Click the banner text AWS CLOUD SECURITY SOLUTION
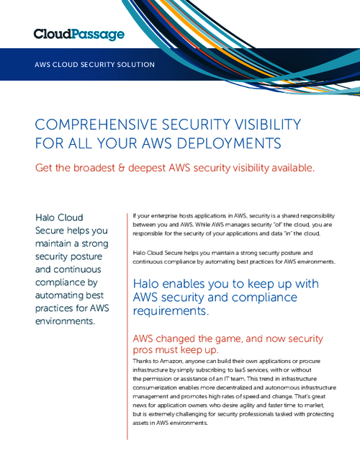click(94, 64)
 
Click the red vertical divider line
click(127, 324)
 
